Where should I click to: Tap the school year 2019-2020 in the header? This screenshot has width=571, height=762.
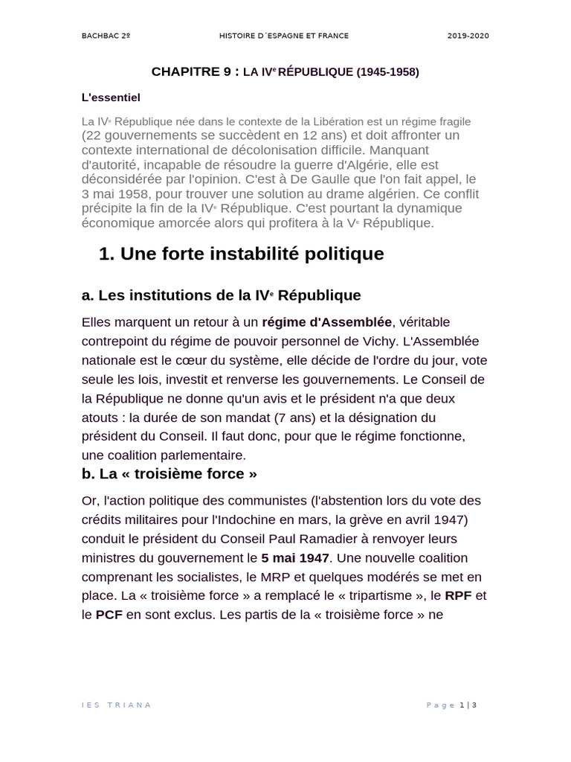coord(468,36)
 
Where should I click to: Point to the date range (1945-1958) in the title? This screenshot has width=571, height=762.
coord(387,72)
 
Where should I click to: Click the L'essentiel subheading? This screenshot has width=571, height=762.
coord(111,97)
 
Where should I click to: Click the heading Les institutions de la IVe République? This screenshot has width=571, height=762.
coord(221,295)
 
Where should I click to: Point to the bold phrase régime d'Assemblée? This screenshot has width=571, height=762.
coord(326,321)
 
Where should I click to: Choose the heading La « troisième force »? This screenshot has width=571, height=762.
coord(170,474)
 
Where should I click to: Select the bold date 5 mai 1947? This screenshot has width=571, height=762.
coord(294,557)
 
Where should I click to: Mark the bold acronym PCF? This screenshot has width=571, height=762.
coord(109,615)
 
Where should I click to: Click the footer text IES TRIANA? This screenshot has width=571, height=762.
coord(116,705)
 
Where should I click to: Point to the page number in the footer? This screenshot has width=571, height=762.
coord(462,705)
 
